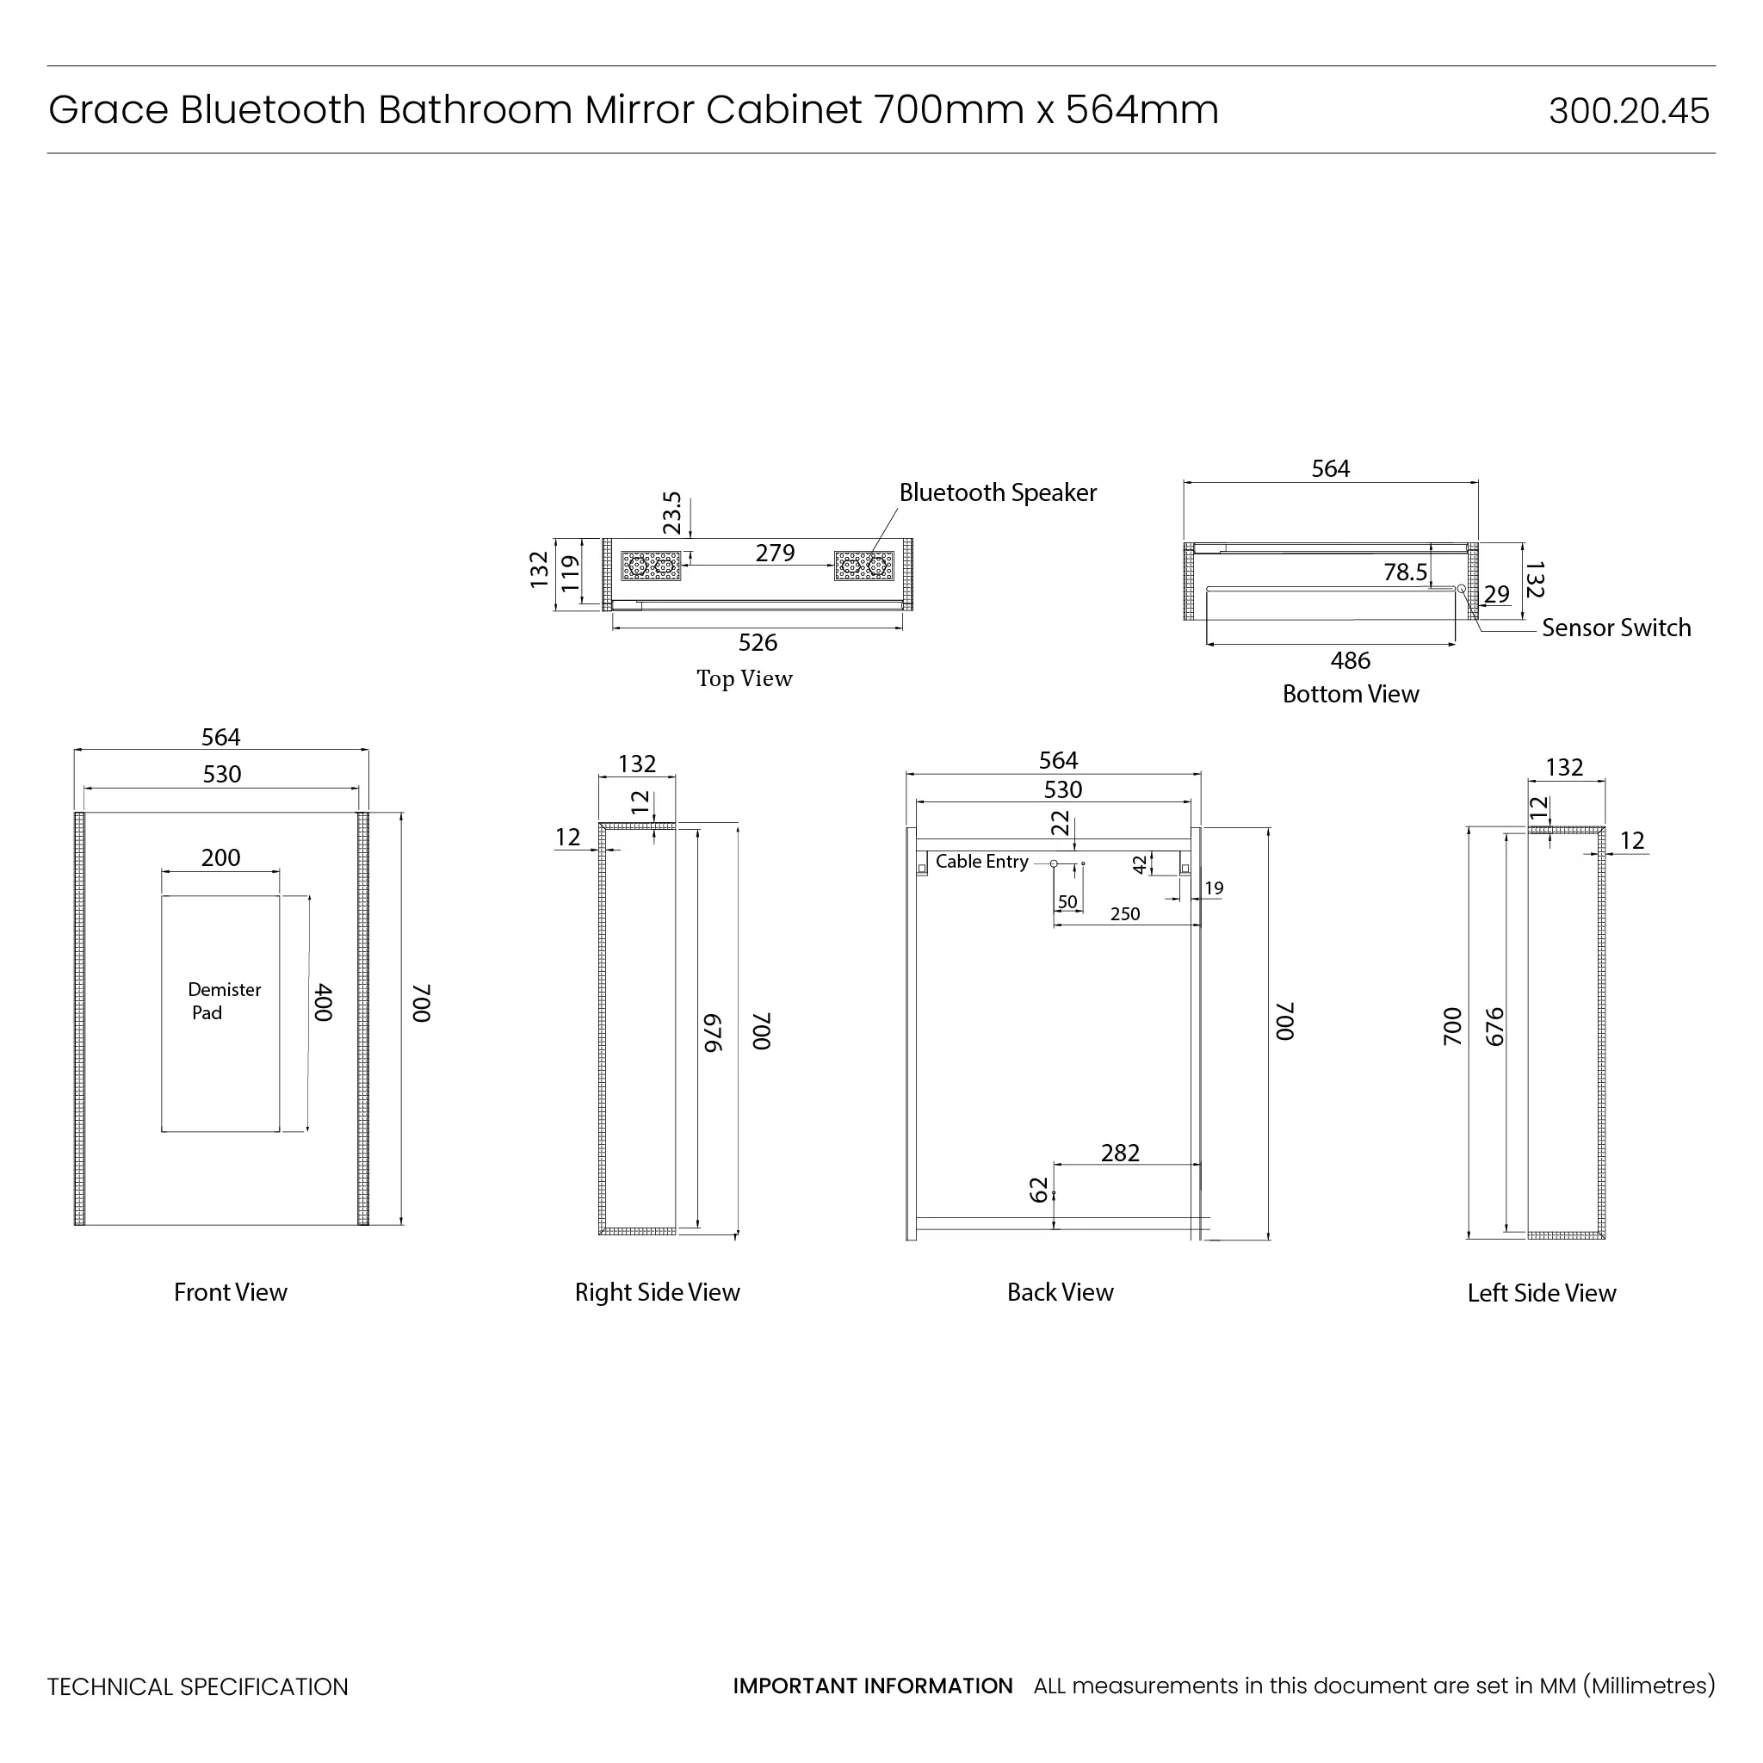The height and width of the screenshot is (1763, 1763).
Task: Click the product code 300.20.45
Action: [1628, 111]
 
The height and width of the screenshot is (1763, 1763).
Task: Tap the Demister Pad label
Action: [224, 1001]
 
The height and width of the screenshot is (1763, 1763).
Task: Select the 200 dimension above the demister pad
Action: [221, 857]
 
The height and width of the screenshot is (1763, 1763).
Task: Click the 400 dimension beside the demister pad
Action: [323, 1002]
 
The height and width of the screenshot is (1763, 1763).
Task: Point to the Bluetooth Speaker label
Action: [998, 492]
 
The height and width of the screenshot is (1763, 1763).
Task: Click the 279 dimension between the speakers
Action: [775, 553]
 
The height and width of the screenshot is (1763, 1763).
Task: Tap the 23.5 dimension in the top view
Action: [672, 513]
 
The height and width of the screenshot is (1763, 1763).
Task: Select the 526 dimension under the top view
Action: [758, 642]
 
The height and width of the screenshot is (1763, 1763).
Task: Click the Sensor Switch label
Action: [1616, 628]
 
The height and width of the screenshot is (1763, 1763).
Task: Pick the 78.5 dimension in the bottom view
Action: [1404, 572]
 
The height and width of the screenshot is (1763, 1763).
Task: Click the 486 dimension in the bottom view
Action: [1350, 660]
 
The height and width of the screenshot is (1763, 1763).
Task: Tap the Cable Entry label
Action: [982, 862]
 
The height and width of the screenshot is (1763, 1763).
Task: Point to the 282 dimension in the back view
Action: [1120, 1154]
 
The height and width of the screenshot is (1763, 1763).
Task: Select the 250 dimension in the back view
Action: [1125, 914]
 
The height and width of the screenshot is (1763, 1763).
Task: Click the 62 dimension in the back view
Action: [1039, 1190]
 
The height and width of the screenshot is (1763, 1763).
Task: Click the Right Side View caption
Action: [657, 1292]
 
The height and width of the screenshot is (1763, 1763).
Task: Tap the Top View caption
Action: [745, 679]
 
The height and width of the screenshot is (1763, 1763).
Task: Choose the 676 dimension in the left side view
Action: [1494, 1027]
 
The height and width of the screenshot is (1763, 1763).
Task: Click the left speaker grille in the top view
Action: [651, 566]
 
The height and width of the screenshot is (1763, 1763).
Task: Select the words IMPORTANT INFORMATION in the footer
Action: [872, 1686]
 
